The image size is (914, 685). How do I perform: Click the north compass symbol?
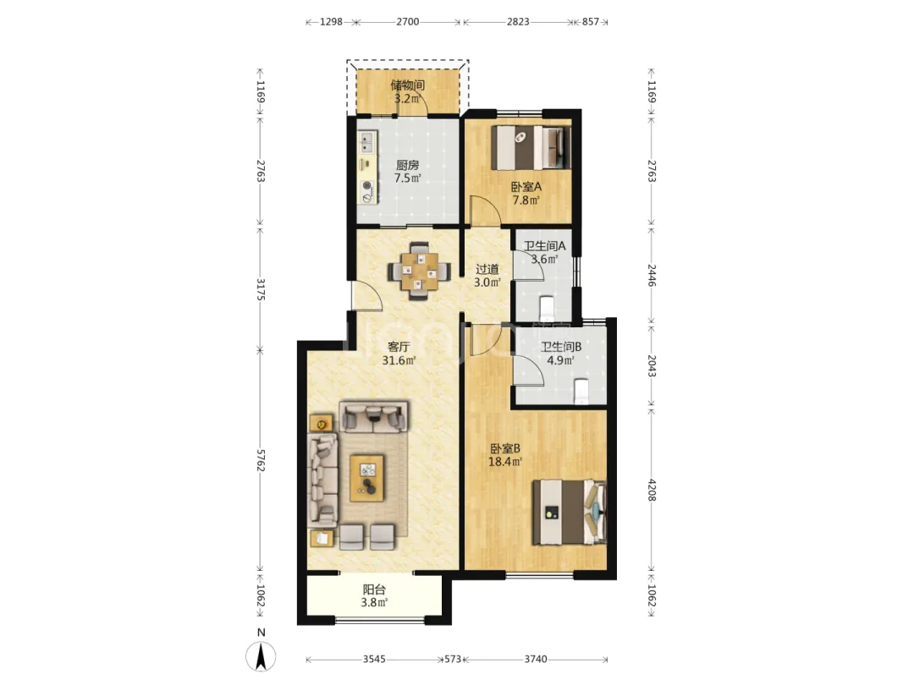point(261,656)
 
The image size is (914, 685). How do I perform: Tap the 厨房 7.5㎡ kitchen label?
point(407,172)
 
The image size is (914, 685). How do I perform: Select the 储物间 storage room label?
point(407,85)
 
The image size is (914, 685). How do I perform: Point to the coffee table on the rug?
point(366,478)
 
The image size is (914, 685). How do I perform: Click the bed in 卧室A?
point(530,147)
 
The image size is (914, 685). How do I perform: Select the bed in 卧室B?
point(570,512)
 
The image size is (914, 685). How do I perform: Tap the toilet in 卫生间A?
point(546,304)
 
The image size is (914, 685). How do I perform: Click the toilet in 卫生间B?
point(581,392)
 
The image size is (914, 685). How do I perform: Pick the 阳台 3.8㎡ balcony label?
point(374,596)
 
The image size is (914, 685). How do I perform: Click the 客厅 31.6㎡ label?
point(399,353)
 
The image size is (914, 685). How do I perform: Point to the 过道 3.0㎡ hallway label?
point(487,276)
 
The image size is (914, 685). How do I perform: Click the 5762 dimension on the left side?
point(261,460)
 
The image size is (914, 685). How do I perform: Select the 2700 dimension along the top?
point(407,21)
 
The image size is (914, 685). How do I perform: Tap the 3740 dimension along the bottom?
point(536,659)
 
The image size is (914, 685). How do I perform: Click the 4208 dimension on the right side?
point(652,490)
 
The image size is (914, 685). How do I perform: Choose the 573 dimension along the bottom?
point(452,659)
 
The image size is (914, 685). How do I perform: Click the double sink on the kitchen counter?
point(366,142)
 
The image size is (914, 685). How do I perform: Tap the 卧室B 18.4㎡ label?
point(504,455)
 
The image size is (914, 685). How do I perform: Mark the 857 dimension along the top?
point(591,21)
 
